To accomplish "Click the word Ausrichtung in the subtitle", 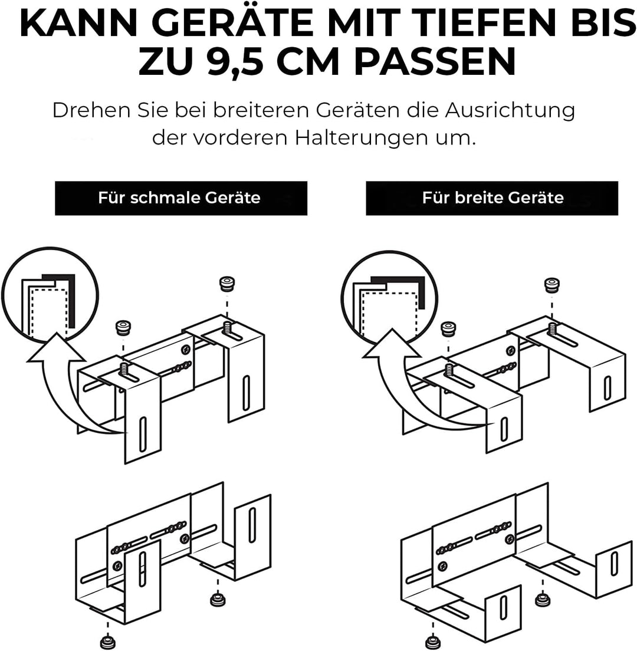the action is coord(510,111).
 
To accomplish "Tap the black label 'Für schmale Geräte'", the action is coord(181,198).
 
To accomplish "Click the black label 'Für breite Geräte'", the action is coord(492,198).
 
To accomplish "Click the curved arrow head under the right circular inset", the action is coord(391,344).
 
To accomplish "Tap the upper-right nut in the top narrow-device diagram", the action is coord(226,284).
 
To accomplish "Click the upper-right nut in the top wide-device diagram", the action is coord(552,285).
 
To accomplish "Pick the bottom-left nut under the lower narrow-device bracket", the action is coord(108,641).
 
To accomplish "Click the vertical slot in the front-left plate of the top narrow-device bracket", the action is coord(142,434).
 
